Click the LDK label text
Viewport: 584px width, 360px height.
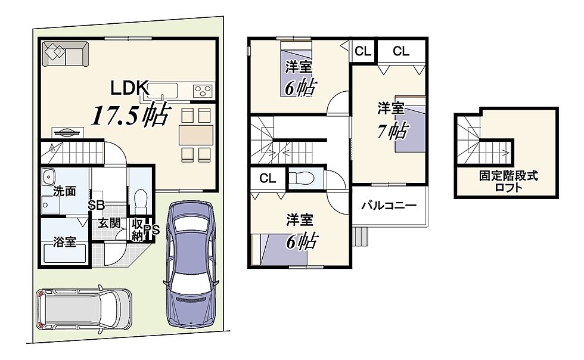coord(130,88)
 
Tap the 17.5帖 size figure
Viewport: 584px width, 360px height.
coord(131,114)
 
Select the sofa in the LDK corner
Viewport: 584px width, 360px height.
coord(66,54)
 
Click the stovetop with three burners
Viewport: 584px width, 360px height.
coord(203,91)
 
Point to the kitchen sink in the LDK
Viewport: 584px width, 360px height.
coord(164,90)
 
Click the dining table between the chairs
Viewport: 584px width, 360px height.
coord(196,135)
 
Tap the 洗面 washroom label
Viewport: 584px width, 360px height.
coord(64,191)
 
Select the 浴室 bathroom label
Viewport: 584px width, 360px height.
coord(64,241)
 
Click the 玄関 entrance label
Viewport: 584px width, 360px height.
coord(109,223)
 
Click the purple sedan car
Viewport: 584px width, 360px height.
coord(190,265)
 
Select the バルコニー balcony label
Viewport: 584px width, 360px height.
coord(389,206)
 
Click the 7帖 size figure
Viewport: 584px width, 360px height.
coord(393,131)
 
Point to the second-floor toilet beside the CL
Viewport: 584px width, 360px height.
coord(302,178)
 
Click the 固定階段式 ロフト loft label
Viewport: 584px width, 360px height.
coord(508,181)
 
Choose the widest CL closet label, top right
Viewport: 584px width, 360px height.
coord(401,51)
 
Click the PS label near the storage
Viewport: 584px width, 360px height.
coord(151,230)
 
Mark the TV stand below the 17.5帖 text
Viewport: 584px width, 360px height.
coord(67,133)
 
